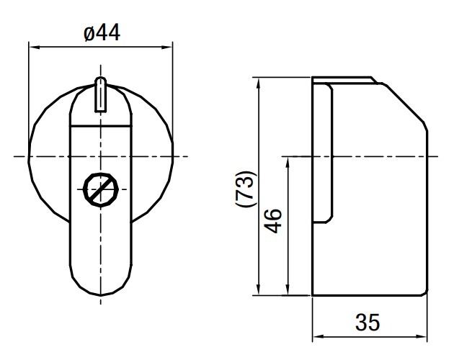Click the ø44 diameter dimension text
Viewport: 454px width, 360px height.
click(101, 33)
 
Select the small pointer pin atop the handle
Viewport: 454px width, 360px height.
click(101, 95)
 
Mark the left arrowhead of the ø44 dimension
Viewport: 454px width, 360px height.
click(33, 48)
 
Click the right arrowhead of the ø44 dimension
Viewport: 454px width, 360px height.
click(169, 48)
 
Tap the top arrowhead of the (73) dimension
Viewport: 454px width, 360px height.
click(257, 81)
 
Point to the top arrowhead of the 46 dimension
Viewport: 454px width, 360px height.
click(288, 160)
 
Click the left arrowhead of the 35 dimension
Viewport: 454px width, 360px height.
click(317, 336)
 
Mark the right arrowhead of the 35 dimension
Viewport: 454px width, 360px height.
click(423, 336)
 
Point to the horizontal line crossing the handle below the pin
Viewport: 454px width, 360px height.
click(101, 127)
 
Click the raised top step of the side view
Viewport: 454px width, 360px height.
click(343, 79)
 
